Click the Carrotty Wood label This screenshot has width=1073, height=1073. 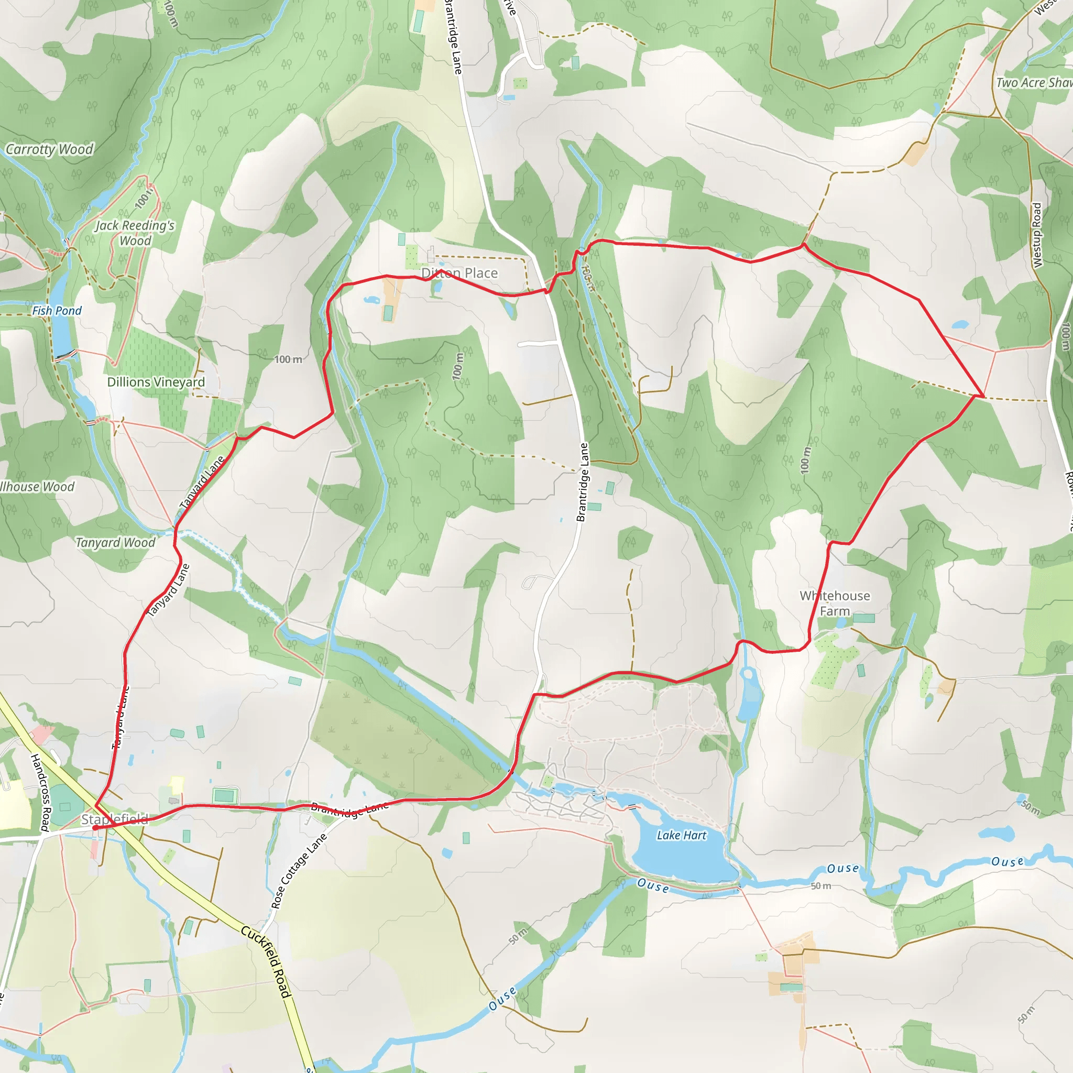click(49, 149)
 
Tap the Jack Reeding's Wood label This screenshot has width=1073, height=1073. click(135, 233)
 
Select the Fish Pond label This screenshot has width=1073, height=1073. click(57, 311)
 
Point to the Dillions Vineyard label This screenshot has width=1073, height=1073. click(156, 382)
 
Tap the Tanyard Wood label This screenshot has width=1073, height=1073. click(115, 542)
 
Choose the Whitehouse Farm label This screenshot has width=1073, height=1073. click(835, 603)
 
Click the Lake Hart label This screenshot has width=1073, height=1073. click(682, 835)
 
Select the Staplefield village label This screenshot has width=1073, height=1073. click(115, 819)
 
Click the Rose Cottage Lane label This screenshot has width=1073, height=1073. click(298, 871)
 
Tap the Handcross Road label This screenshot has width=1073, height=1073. click(40, 793)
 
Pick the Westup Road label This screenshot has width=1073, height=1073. click(1036, 235)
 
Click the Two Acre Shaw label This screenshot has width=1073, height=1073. click(1034, 83)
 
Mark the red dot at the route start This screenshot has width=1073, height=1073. click(95, 827)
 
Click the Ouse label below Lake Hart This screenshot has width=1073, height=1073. click(653, 885)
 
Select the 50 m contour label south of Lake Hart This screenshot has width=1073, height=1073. click(820, 886)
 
